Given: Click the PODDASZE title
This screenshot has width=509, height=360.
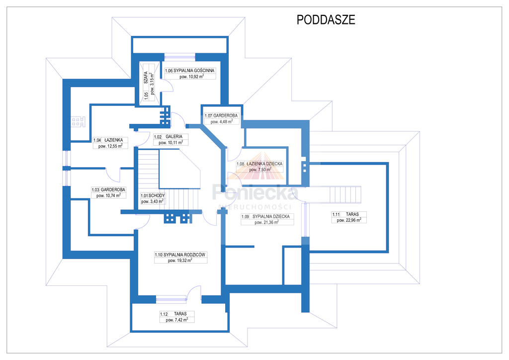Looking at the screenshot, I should click(326, 19).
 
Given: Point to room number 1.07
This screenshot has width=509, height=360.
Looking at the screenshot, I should click(208, 115).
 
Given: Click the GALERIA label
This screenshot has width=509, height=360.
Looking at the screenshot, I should click(174, 136).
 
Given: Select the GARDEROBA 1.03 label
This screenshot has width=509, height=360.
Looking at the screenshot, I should click(113, 190).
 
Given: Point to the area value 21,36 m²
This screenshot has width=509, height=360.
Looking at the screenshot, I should click(266, 223).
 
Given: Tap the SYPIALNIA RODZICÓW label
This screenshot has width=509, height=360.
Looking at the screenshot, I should click(184, 255).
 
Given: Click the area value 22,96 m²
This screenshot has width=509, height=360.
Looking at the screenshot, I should click(349, 220).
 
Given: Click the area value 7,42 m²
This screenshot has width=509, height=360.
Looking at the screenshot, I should click(177, 320).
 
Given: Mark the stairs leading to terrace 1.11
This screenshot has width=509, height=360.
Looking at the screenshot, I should click(343, 193).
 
